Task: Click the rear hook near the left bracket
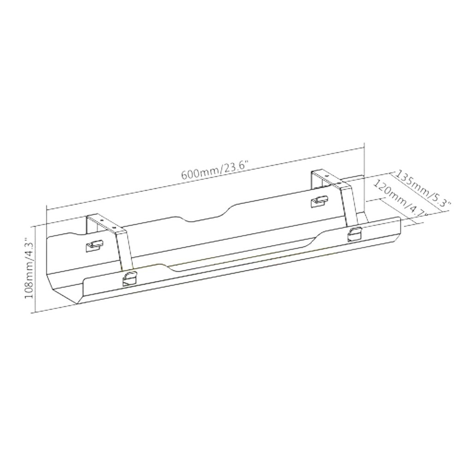pos(94,245)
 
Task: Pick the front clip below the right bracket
pos(354,234)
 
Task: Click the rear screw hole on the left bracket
pos(101,219)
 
